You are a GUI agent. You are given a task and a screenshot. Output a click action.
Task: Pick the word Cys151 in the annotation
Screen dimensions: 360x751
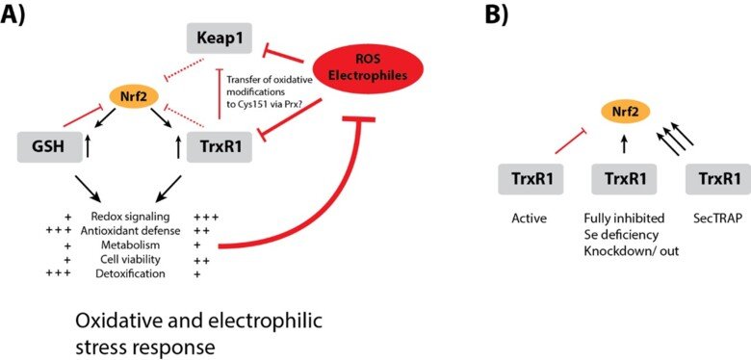click(256, 108)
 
